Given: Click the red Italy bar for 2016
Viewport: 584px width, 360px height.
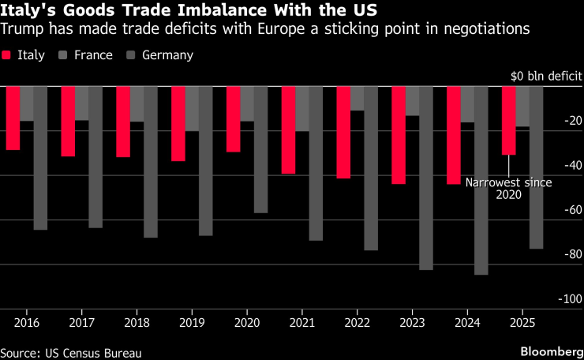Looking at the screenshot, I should (13, 118).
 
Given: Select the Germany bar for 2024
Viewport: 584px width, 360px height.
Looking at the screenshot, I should (481, 180).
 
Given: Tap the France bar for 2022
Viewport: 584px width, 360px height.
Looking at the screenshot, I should (358, 98).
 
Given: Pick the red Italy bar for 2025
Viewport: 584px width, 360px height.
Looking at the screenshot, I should (509, 120).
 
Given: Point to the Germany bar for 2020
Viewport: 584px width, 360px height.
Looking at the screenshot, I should (261, 149).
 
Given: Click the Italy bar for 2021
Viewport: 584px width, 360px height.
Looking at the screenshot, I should (289, 129).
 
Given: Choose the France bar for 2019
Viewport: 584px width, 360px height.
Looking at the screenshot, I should (192, 108).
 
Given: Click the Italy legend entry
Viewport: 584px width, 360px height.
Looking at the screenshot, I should (24, 55).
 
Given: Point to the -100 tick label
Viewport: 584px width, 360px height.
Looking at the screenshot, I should (571, 299).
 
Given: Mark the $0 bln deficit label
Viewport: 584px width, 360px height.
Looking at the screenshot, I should (546, 77).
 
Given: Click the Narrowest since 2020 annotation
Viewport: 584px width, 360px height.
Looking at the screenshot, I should (508, 188).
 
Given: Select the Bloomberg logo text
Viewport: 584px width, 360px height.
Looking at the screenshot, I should (549, 348).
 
